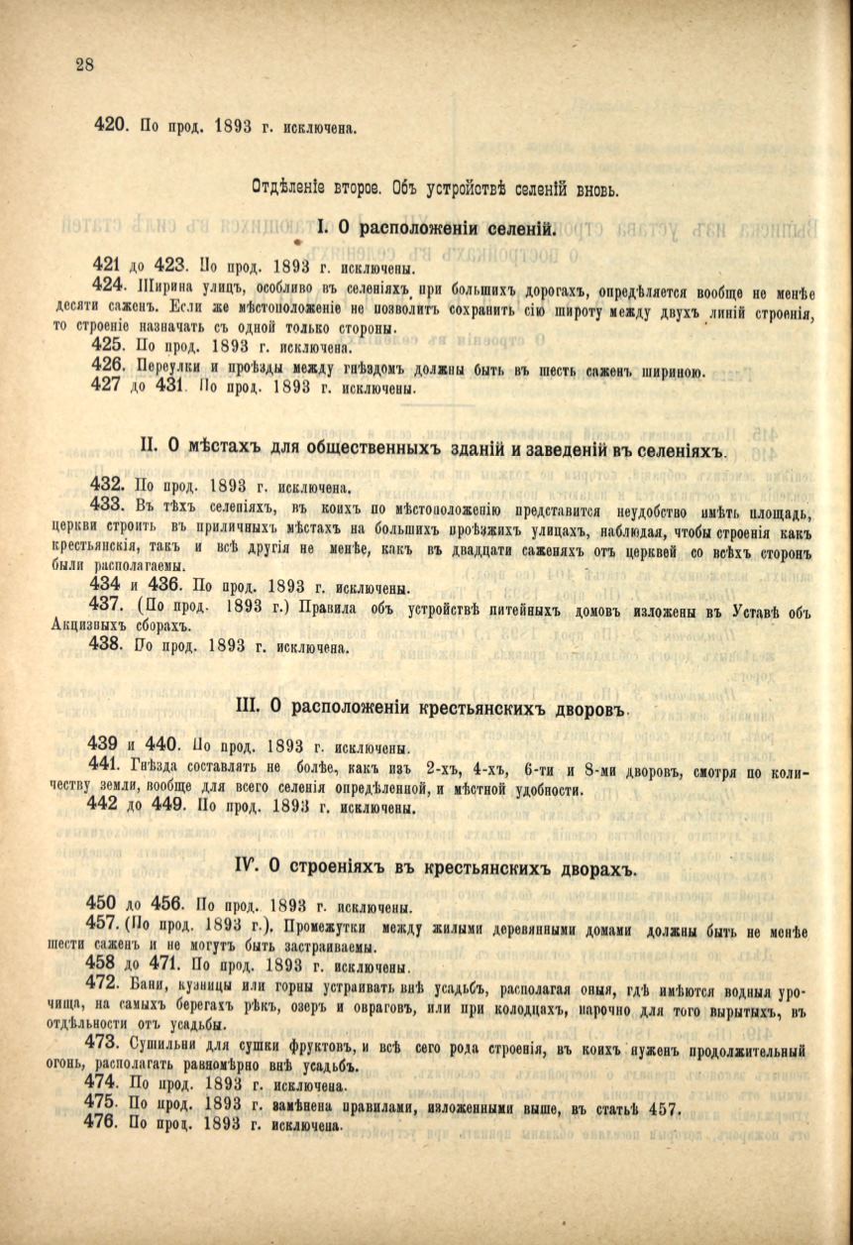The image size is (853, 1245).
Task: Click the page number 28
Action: coord(83,65)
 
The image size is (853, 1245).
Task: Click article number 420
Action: coord(109,126)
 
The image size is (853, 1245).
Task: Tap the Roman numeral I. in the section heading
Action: coord(323,229)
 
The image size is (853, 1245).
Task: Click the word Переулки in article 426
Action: coord(163,371)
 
